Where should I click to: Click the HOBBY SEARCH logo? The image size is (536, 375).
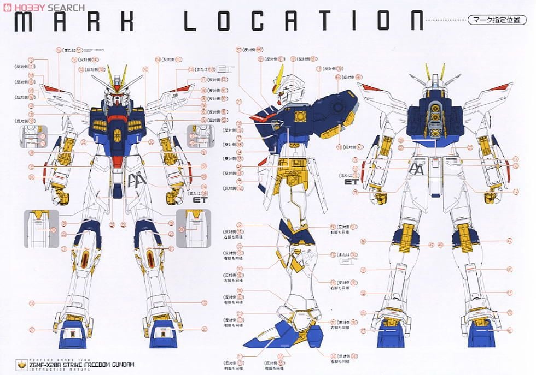[x=43, y=7]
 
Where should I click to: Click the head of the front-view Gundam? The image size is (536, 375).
[x=117, y=93]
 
